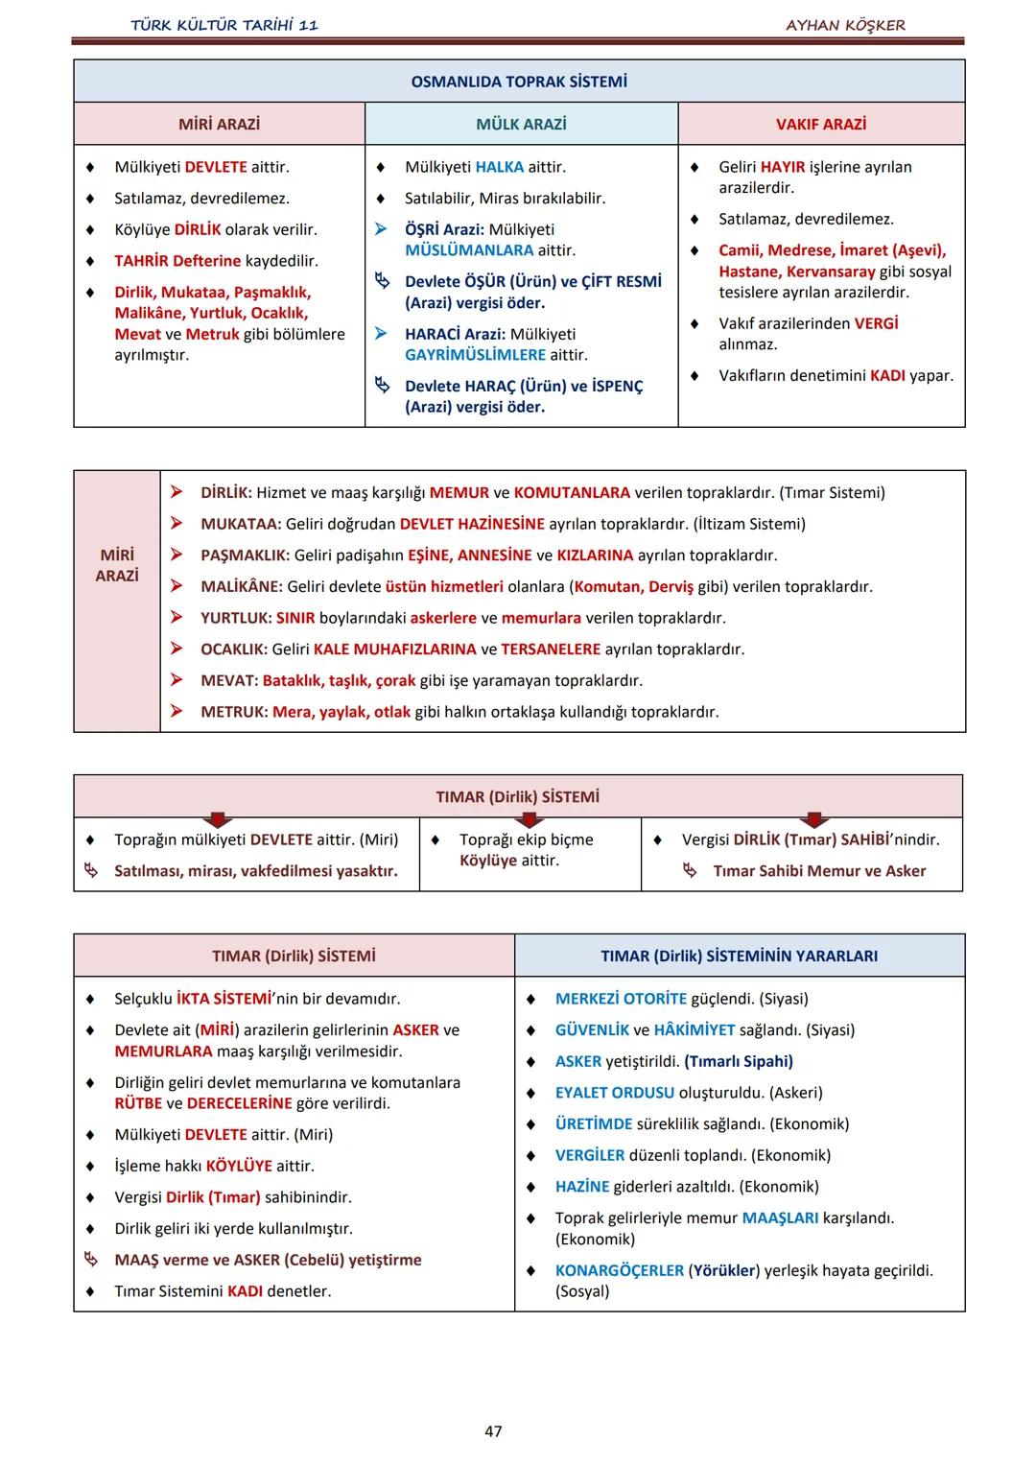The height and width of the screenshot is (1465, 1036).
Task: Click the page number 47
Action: (493, 1430)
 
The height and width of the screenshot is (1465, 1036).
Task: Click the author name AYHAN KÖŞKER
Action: (845, 25)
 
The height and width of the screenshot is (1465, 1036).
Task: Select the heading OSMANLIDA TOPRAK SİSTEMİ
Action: (519, 82)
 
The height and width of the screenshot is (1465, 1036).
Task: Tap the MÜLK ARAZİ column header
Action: (521, 124)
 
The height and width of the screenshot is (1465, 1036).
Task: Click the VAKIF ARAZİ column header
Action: (821, 124)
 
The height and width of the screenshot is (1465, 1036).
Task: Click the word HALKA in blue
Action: (499, 167)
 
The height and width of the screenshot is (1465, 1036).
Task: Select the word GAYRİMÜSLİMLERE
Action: (475, 355)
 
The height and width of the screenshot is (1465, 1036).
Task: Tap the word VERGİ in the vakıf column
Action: (876, 323)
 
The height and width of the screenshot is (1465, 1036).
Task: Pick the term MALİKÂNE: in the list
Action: (241, 586)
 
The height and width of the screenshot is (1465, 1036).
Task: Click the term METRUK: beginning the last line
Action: (234, 712)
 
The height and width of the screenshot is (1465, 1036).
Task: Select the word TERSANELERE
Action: (551, 650)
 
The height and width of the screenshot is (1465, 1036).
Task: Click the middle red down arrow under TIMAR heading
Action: (528, 820)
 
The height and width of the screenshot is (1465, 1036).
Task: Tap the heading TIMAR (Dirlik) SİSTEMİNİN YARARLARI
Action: (739, 956)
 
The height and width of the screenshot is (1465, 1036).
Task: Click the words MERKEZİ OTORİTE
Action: (621, 999)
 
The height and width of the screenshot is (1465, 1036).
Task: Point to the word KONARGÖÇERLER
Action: (619, 1270)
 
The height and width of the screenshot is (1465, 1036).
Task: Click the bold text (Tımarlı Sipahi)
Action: (738, 1061)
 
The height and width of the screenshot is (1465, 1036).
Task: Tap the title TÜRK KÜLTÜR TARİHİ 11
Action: (224, 25)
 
